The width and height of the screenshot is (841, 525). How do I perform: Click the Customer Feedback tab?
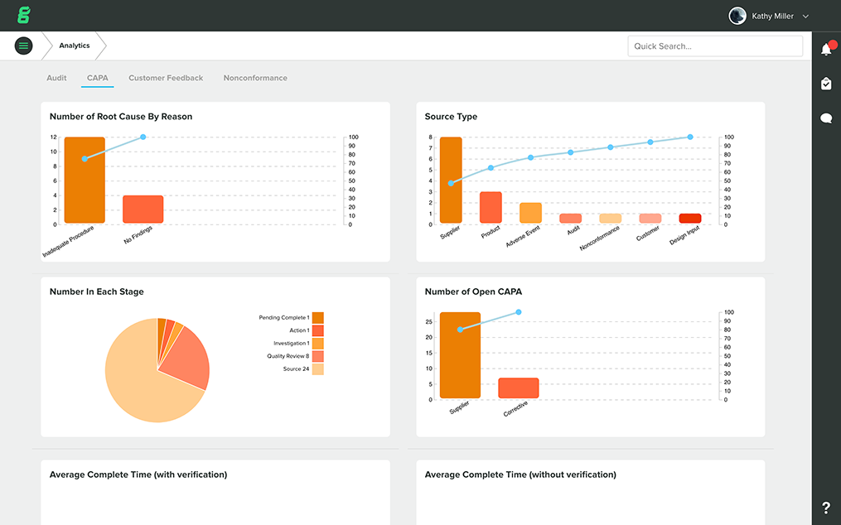point(166,78)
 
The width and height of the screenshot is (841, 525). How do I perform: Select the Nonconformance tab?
point(255,78)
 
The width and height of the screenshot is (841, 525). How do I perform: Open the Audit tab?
point(56,78)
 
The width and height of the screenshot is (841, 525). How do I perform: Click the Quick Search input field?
point(714,46)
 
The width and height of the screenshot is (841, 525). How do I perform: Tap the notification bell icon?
point(826,50)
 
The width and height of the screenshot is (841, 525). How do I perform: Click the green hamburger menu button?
point(23,46)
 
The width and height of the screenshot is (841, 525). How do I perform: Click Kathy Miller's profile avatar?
point(737,16)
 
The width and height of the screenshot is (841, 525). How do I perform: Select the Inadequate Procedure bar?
point(85,181)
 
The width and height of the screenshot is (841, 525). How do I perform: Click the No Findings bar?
point(143,210)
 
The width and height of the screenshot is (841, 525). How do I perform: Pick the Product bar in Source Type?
point(491,207)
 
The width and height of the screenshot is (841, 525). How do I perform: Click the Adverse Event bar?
point(530,213)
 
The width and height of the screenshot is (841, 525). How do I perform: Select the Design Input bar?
point(690,219)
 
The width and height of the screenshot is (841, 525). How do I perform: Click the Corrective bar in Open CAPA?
point(519,388)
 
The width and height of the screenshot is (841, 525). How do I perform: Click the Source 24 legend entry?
point(302,369)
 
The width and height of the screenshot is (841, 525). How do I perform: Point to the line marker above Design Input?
point(690,137)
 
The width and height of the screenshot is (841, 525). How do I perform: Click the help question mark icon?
point(826,508)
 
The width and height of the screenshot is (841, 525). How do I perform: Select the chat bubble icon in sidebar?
point(826,118)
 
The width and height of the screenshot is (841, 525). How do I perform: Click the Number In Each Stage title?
point(96,291)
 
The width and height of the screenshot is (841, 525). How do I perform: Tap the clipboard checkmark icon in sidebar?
point(826,84)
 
